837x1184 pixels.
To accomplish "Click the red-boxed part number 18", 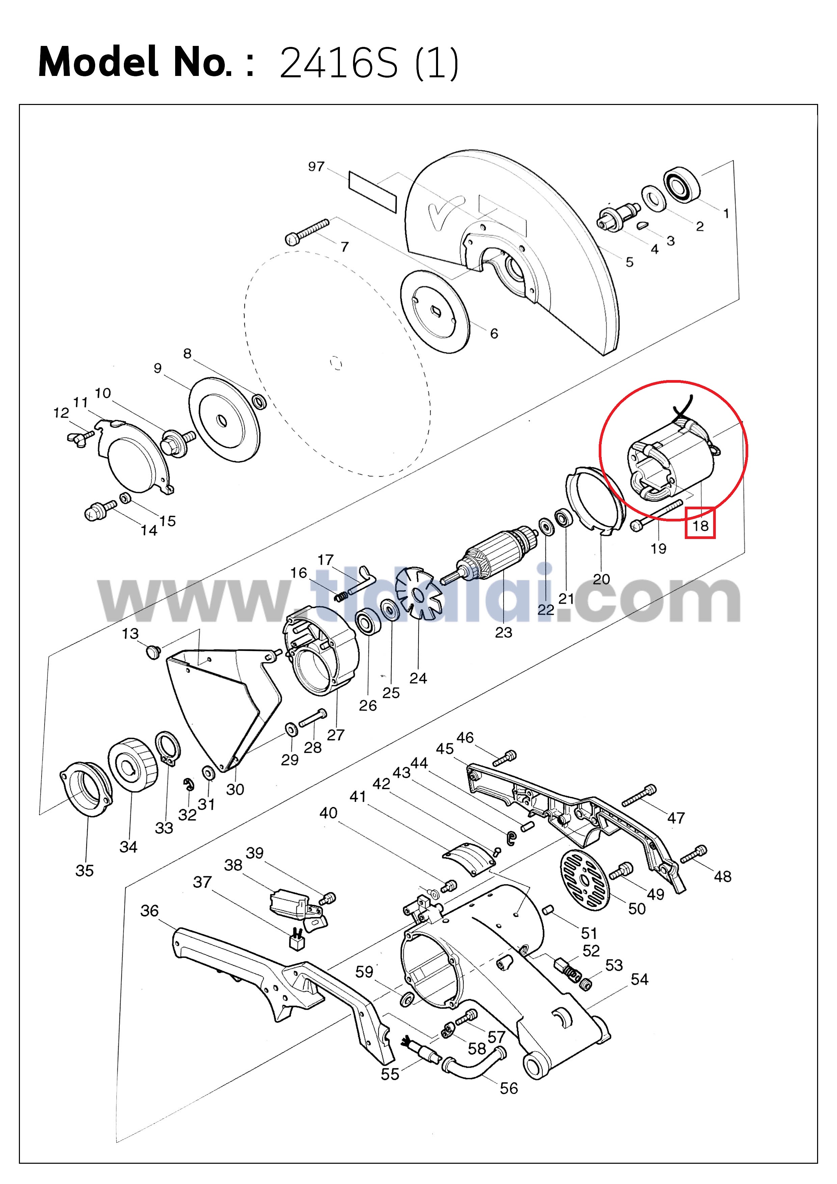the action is [x=700, y=526].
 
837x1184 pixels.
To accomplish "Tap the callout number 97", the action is [x=316, y=167].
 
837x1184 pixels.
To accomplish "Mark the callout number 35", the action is [x=85, y=870].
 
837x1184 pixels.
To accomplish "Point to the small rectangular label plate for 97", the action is [x=372, y=192].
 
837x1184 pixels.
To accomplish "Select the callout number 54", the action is [x=640, y=979].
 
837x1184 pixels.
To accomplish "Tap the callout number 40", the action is [x=328, y=813].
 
